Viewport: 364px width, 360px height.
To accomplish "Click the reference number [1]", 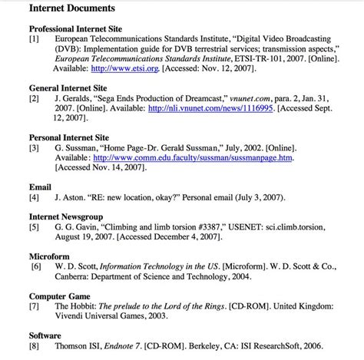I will [x=35, y=38].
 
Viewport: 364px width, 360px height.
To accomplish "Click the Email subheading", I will [x=41, y=187].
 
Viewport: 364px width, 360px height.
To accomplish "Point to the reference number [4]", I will [x=35, y=197].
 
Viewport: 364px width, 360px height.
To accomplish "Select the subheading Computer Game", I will [x=60, y=296].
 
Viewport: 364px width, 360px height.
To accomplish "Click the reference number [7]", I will [x=35, y=306].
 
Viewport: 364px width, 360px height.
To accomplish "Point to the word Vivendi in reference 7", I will [x=71, y=315].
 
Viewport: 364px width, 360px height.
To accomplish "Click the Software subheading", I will [x=45, y=335].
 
